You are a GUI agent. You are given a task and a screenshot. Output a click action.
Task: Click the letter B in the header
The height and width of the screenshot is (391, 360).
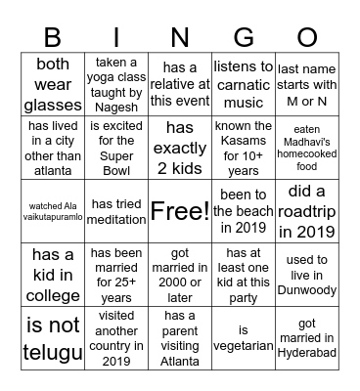53,38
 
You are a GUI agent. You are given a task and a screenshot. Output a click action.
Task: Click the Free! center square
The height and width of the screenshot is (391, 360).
180,210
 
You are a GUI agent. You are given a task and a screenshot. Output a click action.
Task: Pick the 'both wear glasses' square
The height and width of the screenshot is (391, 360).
53,85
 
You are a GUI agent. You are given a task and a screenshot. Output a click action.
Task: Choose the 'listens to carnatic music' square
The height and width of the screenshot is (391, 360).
243,85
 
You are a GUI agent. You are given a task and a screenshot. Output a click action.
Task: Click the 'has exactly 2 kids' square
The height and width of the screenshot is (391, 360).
180,148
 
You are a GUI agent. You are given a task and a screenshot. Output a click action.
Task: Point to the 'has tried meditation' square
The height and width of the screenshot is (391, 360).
116,210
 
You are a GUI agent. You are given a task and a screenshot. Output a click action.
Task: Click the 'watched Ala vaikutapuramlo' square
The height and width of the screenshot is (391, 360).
53,210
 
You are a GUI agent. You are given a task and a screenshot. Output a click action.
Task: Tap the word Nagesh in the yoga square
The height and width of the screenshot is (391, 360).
117,107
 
